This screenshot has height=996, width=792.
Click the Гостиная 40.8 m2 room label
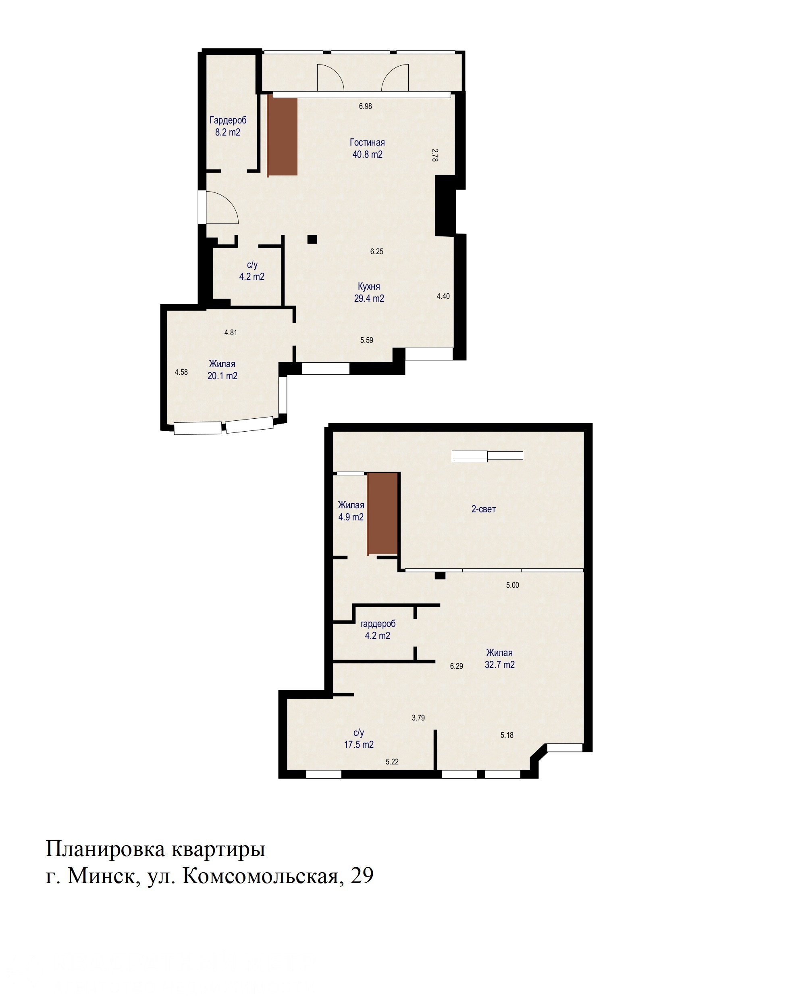coord(368,148)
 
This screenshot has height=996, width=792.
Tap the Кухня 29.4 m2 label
coord(369,292)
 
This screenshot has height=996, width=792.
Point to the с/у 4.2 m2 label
coord(252,271)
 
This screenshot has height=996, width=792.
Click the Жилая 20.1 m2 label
coord(222,370)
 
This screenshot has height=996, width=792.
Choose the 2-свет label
coord(483,509)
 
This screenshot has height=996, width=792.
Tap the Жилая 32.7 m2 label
coord(499,659)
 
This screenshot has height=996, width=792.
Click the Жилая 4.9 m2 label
coord(351,511)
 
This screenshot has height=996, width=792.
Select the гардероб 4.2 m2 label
coord(378,630)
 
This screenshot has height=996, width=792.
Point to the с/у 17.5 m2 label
coord(359,739)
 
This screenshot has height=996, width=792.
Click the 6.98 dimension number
coord(365,106)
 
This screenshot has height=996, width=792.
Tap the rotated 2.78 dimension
coord(435,155)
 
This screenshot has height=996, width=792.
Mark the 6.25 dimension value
coord(376,252)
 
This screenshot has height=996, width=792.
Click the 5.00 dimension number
coord(512,585)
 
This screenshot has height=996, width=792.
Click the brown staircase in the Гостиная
coord(282,135)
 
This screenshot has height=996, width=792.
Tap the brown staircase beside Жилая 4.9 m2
coord(382,513)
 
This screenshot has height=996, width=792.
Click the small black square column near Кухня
coord(312,239)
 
